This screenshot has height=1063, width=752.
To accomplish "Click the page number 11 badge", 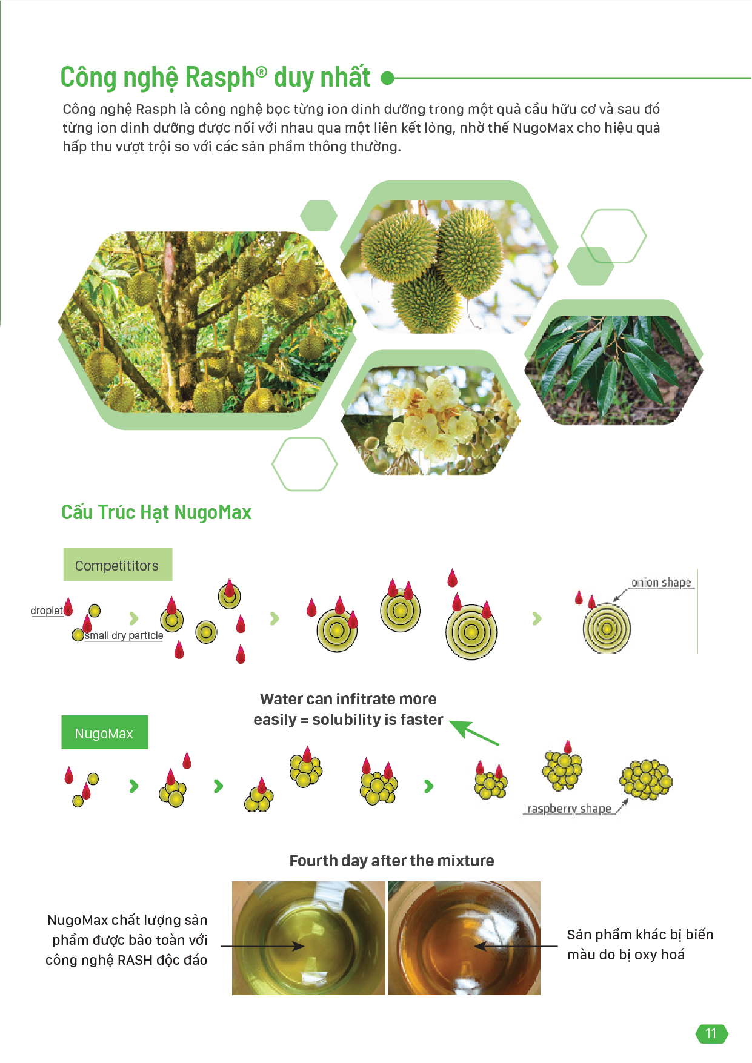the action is click(711, 1033).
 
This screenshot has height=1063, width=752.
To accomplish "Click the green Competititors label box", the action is click(118, 565).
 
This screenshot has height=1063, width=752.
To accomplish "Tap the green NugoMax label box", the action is click(104, 732).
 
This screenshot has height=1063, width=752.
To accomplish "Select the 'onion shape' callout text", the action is click(661, 583).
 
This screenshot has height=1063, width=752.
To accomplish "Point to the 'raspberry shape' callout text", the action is click(569, 809).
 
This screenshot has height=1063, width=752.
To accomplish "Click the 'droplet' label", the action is click(47, 611).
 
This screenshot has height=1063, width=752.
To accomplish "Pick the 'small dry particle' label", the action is click(124, 635).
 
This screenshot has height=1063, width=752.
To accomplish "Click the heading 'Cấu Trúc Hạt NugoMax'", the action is click(156, 512).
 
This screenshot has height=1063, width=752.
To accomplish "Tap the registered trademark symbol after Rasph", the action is click(261, 72).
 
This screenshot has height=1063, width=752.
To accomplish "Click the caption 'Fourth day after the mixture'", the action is click(391, 861).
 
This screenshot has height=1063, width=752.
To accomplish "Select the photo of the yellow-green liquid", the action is click(308, 938).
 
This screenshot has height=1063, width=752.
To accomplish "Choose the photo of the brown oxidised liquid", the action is click(464, 938).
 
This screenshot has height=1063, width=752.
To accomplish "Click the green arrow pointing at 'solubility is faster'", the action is click(474, 732).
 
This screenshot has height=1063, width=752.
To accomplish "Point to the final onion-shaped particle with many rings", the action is click(607, 629).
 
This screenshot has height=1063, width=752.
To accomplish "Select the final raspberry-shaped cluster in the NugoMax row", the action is click(646, 780).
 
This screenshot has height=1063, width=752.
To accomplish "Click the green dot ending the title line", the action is click(387, 78).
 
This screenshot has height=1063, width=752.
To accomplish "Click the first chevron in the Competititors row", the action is click(134, 618).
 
